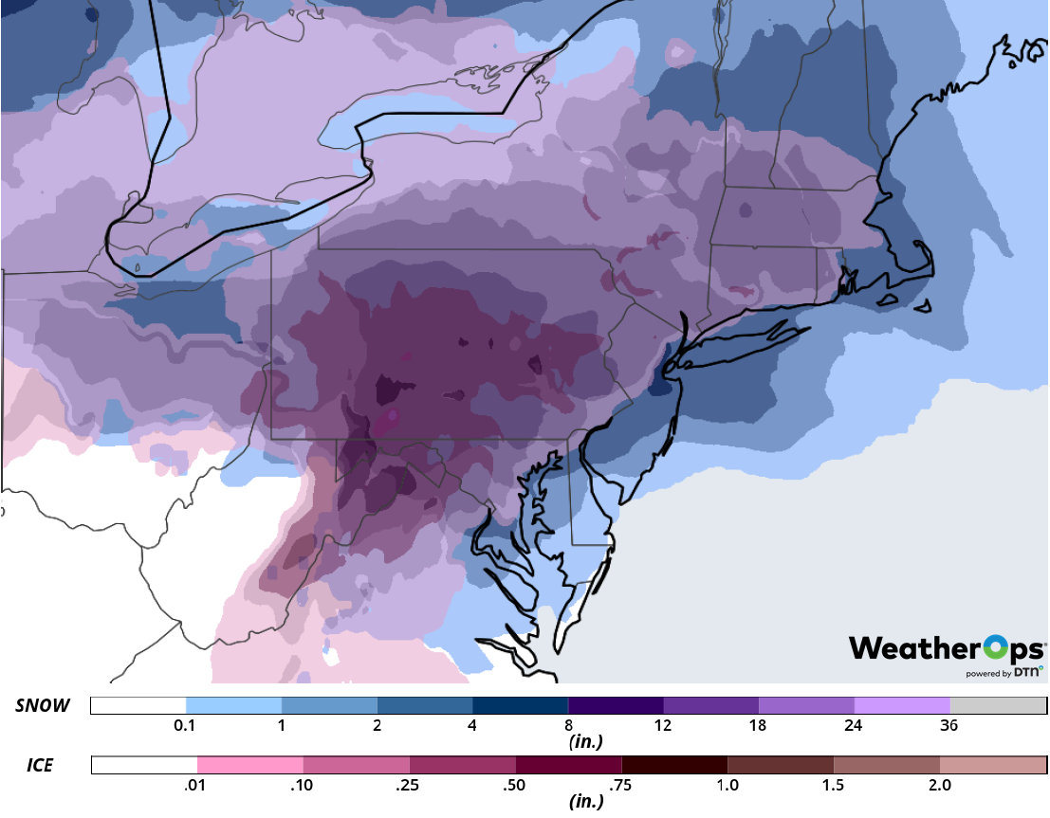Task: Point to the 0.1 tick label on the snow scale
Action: coord(185,726)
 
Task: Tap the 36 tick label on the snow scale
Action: coord(949,726)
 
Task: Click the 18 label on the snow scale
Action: coord(758,726)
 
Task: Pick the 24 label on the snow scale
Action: coord(854,726)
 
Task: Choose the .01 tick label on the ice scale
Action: coord(196,785)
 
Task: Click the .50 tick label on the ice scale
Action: coord(515,785)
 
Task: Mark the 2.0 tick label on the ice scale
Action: coord(939,785)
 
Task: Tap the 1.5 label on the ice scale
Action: coord(833,785)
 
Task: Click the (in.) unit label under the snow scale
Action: coord(585,742)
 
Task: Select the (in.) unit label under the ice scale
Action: coord(585,802)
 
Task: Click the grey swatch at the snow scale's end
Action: coord(998,706)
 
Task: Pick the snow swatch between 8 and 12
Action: coord(615,706)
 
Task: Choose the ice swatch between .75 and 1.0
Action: coord(674,765)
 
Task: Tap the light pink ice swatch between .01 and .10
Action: coord(250,765)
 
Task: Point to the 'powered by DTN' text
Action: coord(1004,673)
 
